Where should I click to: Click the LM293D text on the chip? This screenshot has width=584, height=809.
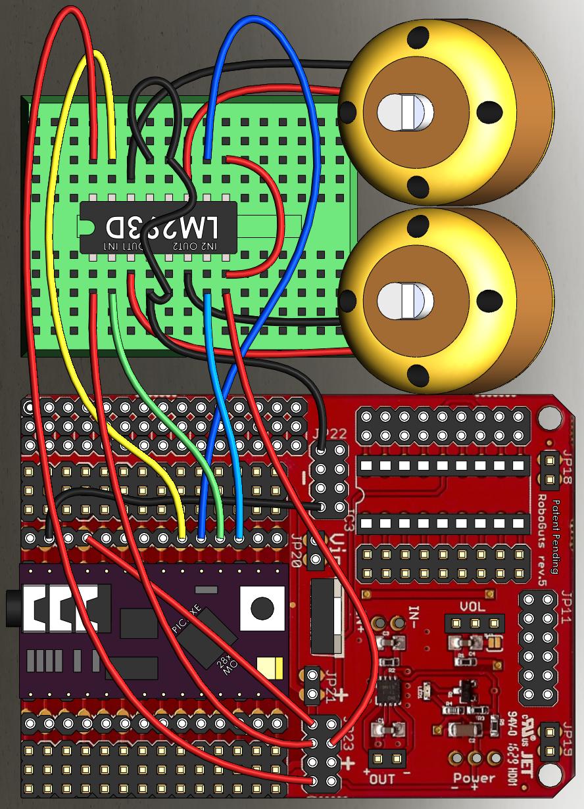tap(162, 227)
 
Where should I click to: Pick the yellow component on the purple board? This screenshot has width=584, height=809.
tap(266, 668)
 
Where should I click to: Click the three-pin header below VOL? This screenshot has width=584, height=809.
tap(474, 622)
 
